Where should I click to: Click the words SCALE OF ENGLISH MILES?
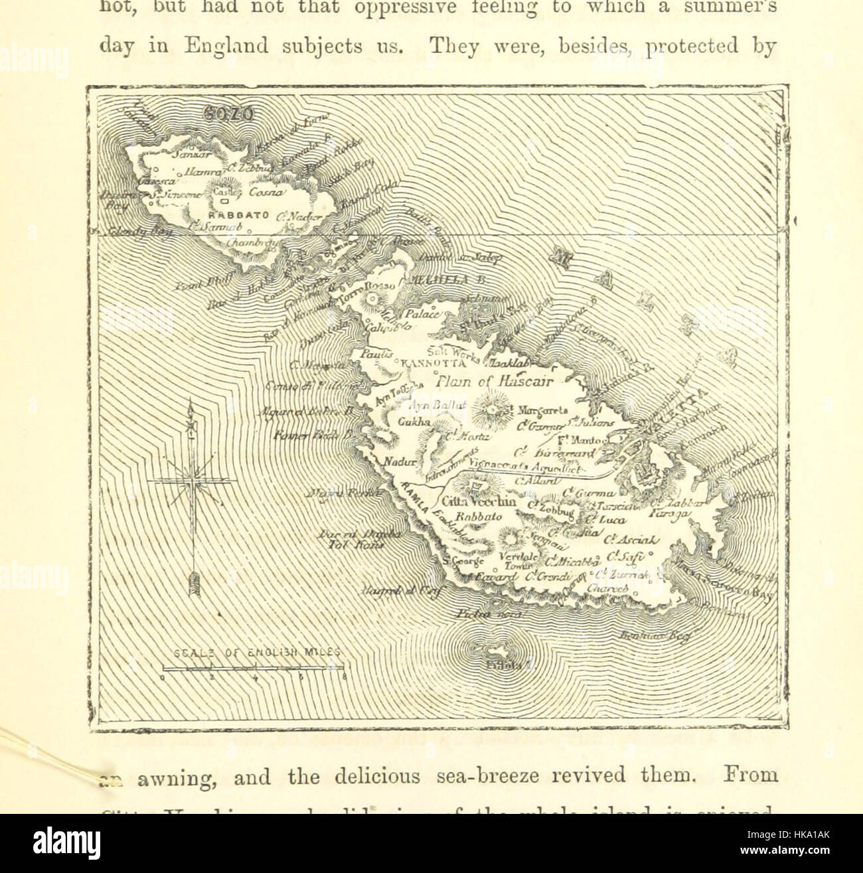[x=256, y=653]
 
